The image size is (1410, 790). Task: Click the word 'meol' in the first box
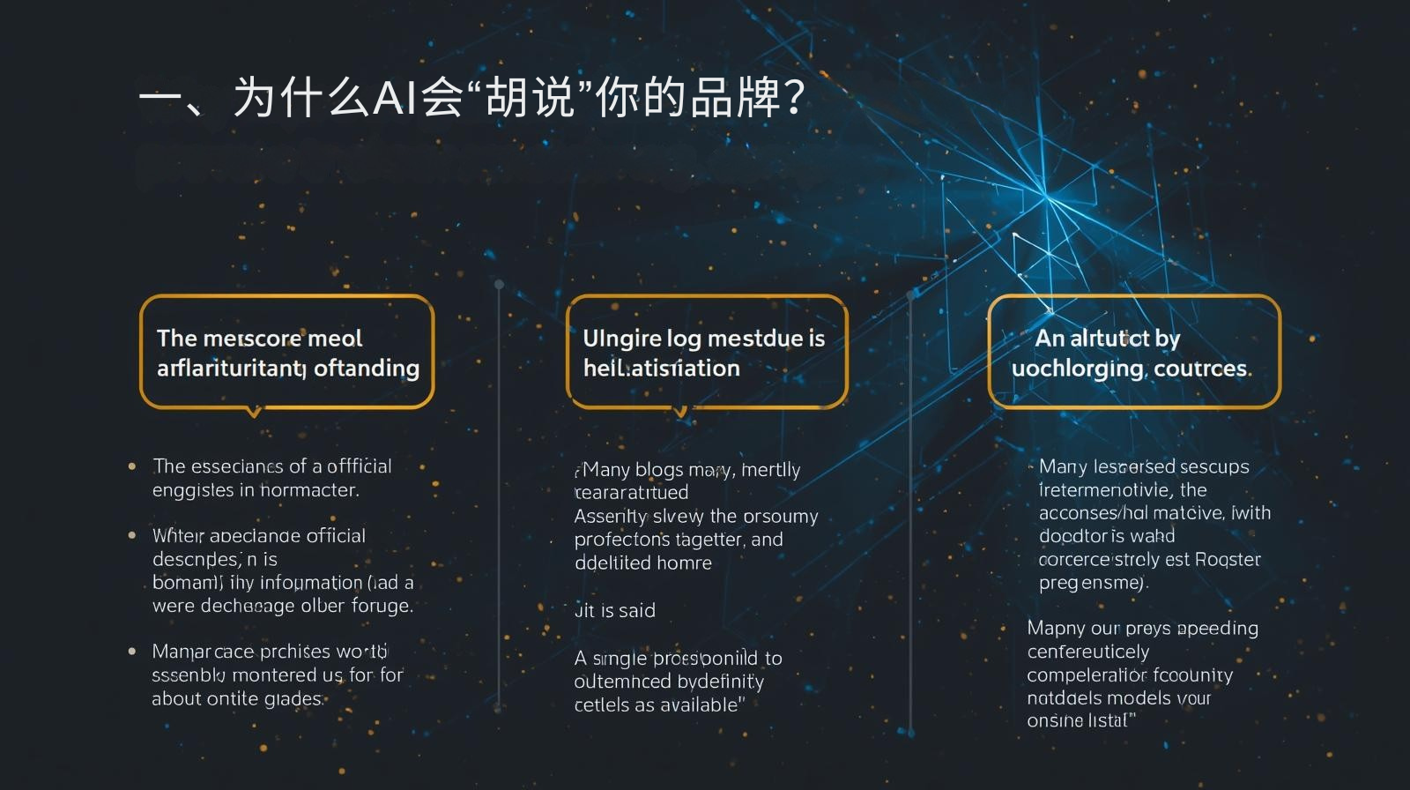tap(335, 339)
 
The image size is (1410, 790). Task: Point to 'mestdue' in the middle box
tap(754, 339)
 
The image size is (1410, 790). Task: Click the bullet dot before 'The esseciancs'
tap(132, 466)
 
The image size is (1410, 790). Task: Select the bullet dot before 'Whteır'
tap(132, 535)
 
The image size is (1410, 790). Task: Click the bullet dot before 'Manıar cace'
tap(132, 652)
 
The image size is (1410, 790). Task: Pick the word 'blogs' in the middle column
tap(659, 470)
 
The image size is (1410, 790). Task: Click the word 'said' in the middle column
tap(637, 610)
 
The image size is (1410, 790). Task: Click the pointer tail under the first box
tap(254, 413)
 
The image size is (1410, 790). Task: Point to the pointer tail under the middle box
tap(679, 412)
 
